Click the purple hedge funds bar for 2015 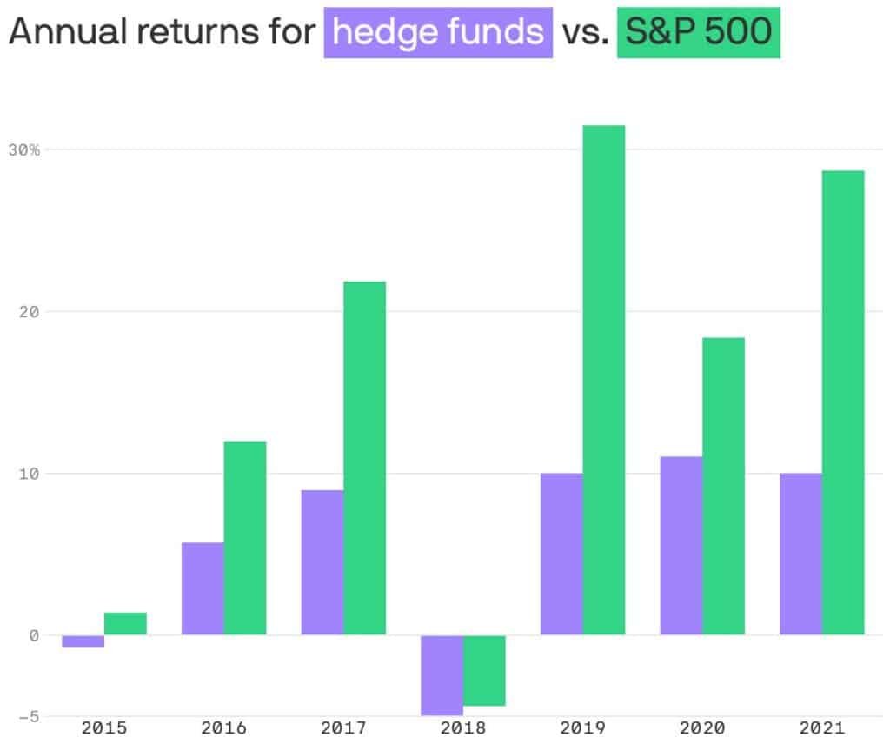click(x=83, y=641)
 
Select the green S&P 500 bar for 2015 click(x=125, y=624)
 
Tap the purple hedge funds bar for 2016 click(x=203, y=588)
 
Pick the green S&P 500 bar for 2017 click(x=365, y=458)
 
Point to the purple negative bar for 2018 click(x=442, y=675)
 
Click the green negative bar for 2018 click(x=485, y=671)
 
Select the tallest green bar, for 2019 click(x=604, y=380)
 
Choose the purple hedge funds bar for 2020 click(x=681, y=545)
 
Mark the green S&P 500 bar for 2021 click(x=843, y=402)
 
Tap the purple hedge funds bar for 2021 click(x=800, y=554)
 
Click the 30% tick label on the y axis click(x=24, y=149)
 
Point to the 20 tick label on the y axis click(x=29, y=311)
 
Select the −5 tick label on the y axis click(x=29, y=717)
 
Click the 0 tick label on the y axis click(x=34, y=635)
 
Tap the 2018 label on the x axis click(x=463, y=727)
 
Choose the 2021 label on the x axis click(x=822, y=727)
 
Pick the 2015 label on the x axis click(x=104, y=727)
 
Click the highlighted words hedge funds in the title click(x=438, y=32)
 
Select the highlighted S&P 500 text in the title click(x=699, y=31)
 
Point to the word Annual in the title click(x=68, y=31)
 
